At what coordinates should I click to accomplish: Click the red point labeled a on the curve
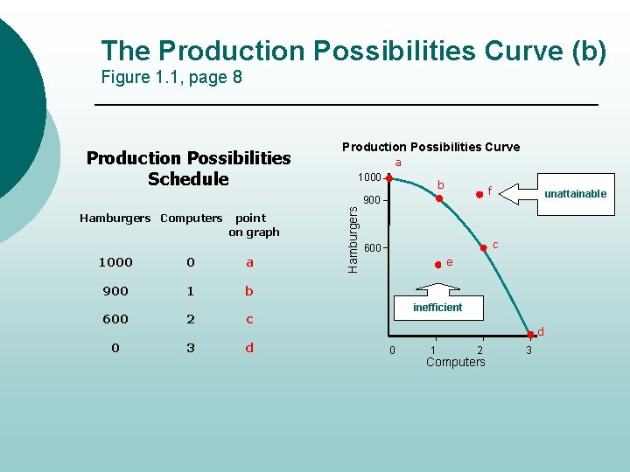[x=388, y=178]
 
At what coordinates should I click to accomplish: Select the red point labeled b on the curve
[x=440, y=198]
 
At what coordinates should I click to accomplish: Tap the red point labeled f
[x=479, y=196]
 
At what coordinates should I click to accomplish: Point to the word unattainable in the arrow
[x=575, y=194]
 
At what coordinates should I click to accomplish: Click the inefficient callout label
[x=437, y=308]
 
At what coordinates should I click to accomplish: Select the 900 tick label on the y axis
[x=372, y=200]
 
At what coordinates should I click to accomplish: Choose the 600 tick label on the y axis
[x=372, y=248]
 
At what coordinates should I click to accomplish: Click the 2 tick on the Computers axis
[x=479, y=351]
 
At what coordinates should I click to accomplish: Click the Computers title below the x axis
[x=455, y=363]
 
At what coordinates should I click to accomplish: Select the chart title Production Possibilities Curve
[x=430, y=147]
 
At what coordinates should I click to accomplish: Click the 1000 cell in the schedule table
[x=115, y=262]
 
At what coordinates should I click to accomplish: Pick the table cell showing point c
[x=249, y=319]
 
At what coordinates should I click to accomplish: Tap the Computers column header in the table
[x=192, y=218]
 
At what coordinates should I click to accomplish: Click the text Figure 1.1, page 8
[x=171, y=78]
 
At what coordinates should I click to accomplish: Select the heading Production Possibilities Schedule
[x=188, y=169]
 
